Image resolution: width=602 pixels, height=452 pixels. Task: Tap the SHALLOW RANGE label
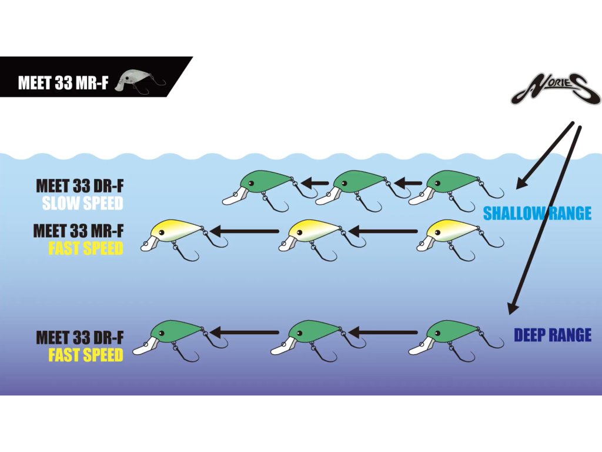coord(537,213)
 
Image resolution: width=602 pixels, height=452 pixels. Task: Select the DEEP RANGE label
coord(552,335)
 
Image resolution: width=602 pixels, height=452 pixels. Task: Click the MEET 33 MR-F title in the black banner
coord(63,83)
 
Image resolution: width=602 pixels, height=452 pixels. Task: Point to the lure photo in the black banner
coord(139,81)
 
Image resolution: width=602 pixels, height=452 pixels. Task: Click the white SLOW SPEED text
coord(82,204)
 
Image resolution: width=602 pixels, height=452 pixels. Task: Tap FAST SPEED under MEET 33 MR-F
coord(86,248)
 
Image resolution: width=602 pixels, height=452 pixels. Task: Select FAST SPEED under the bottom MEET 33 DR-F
coord(86,355)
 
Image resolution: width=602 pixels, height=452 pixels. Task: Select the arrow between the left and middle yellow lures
coord(244,231)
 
